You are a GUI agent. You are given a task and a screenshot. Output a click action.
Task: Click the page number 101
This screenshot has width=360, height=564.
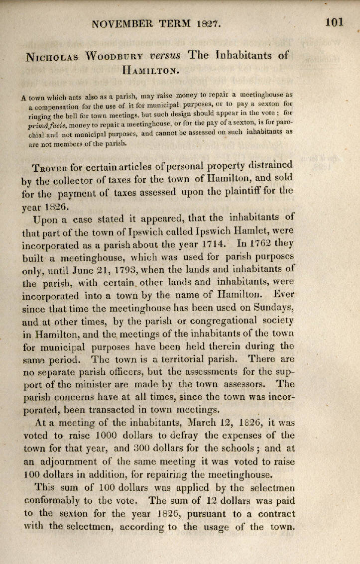click(x=335, y=22)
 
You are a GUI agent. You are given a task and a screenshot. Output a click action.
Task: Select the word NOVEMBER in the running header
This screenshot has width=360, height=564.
click(x=124, y=23)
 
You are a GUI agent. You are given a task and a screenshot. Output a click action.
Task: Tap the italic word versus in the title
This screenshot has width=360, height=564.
click(x=167, y=55)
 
